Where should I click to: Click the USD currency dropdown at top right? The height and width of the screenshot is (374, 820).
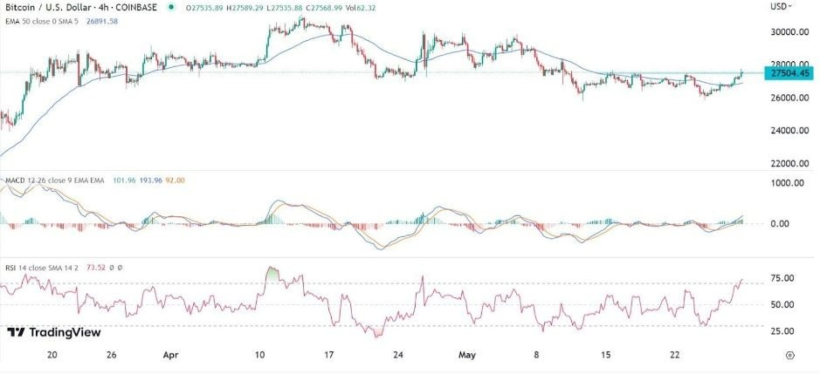(x=781, y=6)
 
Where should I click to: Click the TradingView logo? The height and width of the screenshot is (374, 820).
(x=53, y=332)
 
